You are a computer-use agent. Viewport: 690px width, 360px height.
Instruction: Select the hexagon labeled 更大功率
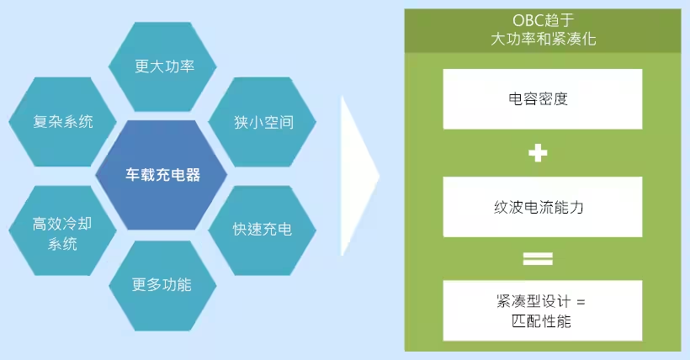(164, 66)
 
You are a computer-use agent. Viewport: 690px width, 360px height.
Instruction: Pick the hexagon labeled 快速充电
(263, 229)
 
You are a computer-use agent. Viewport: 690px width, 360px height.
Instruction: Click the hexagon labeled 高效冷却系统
(62, 234)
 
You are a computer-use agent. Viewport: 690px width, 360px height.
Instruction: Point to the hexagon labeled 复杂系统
(62, 121)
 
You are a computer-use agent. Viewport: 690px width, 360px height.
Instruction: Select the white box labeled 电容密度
(543, 98)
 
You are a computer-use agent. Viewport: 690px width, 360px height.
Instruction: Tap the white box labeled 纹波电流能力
(543, 206)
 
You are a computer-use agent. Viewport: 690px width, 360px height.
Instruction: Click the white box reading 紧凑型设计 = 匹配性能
(543, 310)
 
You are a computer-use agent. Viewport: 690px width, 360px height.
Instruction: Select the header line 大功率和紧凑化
(543, 40)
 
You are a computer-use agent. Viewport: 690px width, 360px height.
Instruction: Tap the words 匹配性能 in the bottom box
(543, 321)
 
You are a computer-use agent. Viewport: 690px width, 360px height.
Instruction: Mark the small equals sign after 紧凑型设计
(581, 301)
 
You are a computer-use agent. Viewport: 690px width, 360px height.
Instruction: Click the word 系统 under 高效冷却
(62, 244)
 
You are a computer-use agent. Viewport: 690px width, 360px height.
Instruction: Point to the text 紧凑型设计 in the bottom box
(533, 301)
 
